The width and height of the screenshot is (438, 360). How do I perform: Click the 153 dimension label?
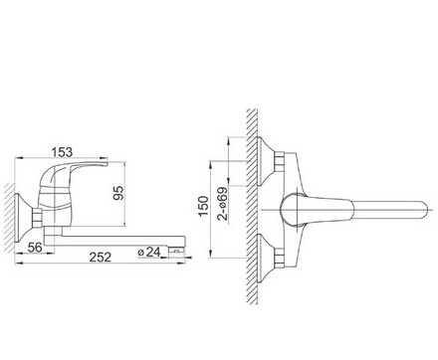(x=62, y=152)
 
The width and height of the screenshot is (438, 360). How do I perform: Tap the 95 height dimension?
(x=118, y=193)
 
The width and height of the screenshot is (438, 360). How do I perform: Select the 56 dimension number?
(x=35, y=248)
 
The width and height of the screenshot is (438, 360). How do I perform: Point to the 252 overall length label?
(x=101, y=257)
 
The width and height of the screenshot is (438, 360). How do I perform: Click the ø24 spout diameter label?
(x=149, y=252)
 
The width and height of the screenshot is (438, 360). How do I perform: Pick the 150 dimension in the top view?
(x=203, y=206)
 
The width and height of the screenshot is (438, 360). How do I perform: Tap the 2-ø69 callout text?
(x=223, y=204)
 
